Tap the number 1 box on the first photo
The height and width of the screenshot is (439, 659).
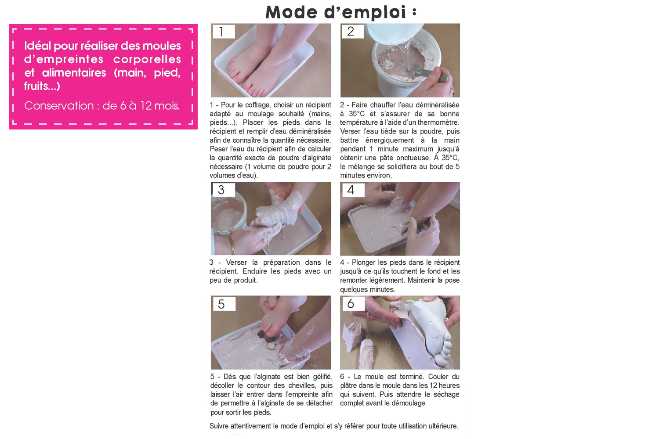click(x=224, y=32)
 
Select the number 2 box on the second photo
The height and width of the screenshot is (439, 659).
click(x=352, y=32)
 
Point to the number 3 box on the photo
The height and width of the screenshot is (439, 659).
click(x=224, y=190)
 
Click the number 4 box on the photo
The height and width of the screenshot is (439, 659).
click(x=352, y=190)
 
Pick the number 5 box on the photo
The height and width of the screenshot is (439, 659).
click(x=224, y=304)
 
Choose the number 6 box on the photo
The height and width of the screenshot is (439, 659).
click(x=353, y=304)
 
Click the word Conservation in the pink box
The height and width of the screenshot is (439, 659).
click(x=58, y=106)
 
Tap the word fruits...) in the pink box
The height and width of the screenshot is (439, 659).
click(x=42, y=86)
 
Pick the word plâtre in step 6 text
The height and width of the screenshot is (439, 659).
click(x=349, y=386)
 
